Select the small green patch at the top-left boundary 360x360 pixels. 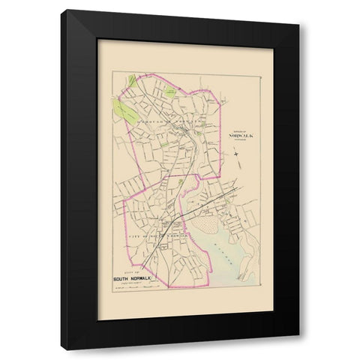tap(133, 79)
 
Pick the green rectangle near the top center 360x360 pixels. tap(171, 91)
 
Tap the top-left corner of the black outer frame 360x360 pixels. tap(62, 10)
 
